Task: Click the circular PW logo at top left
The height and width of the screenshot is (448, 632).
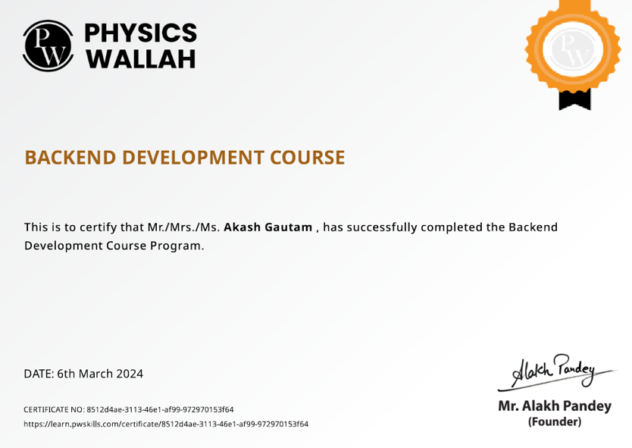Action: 48,45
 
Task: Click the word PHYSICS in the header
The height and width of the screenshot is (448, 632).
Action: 140,33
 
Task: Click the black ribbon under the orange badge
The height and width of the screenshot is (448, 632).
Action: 574,99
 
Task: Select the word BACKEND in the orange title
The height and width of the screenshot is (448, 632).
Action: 70,158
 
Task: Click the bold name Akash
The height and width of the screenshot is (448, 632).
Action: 242,227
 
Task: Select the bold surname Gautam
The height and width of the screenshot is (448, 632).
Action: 288,227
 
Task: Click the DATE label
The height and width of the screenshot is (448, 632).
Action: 38,374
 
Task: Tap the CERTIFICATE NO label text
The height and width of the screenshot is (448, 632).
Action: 54,409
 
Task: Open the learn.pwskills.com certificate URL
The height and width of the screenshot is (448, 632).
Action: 166,424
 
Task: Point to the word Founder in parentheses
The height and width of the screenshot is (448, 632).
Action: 555,421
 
